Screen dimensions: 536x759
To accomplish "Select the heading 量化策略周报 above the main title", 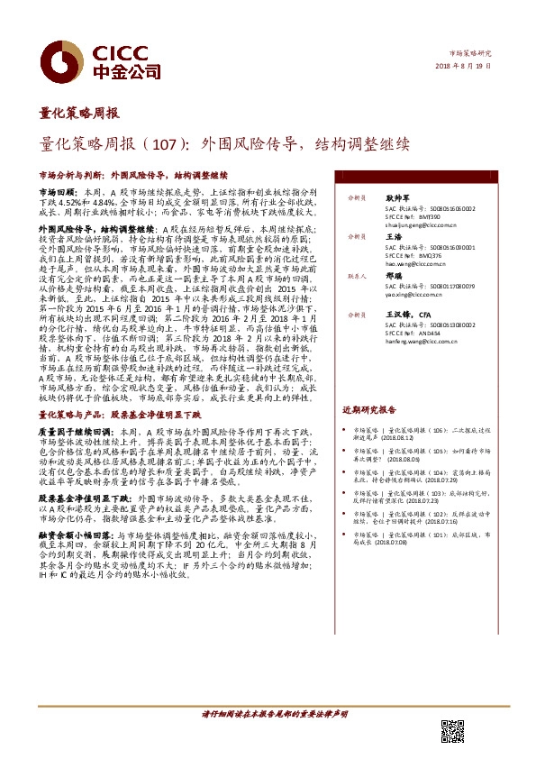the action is pos(78,114).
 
